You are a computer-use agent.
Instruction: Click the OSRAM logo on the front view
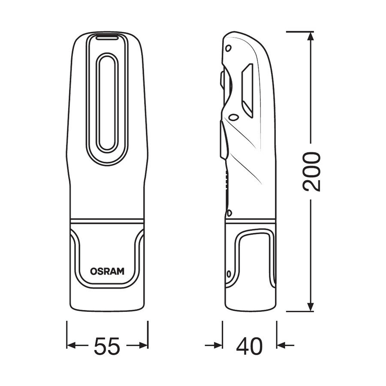107,271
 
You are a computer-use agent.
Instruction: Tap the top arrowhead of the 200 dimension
310,36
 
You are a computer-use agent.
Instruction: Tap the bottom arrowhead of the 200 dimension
310,307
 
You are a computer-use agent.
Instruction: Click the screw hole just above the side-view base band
229,212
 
